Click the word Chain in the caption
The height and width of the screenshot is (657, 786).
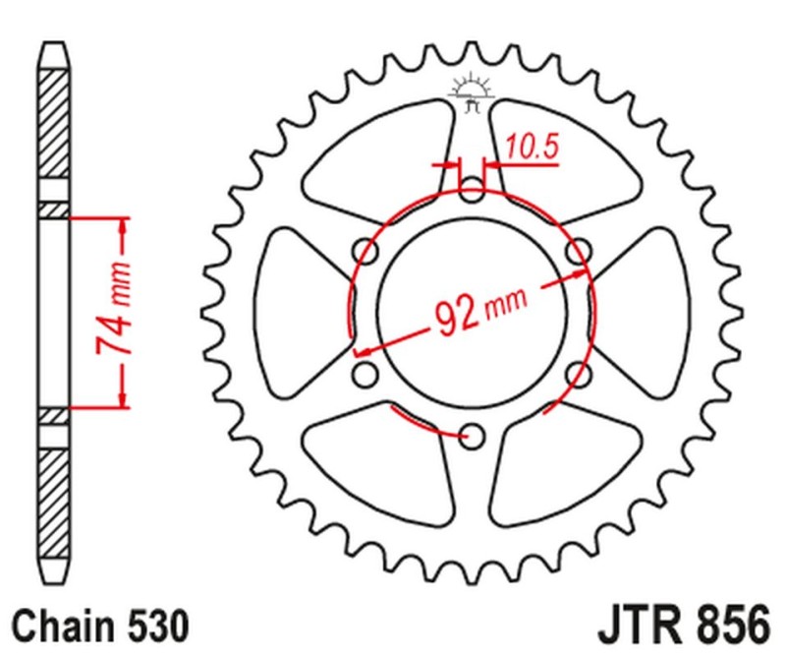pos(60,626)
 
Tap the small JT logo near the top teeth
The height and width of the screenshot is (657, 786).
pos(472,90)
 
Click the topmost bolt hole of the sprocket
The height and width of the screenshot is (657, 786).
pos(473,190)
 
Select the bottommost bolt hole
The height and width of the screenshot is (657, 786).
pos(473,434)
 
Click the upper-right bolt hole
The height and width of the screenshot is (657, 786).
pos(580,251)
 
